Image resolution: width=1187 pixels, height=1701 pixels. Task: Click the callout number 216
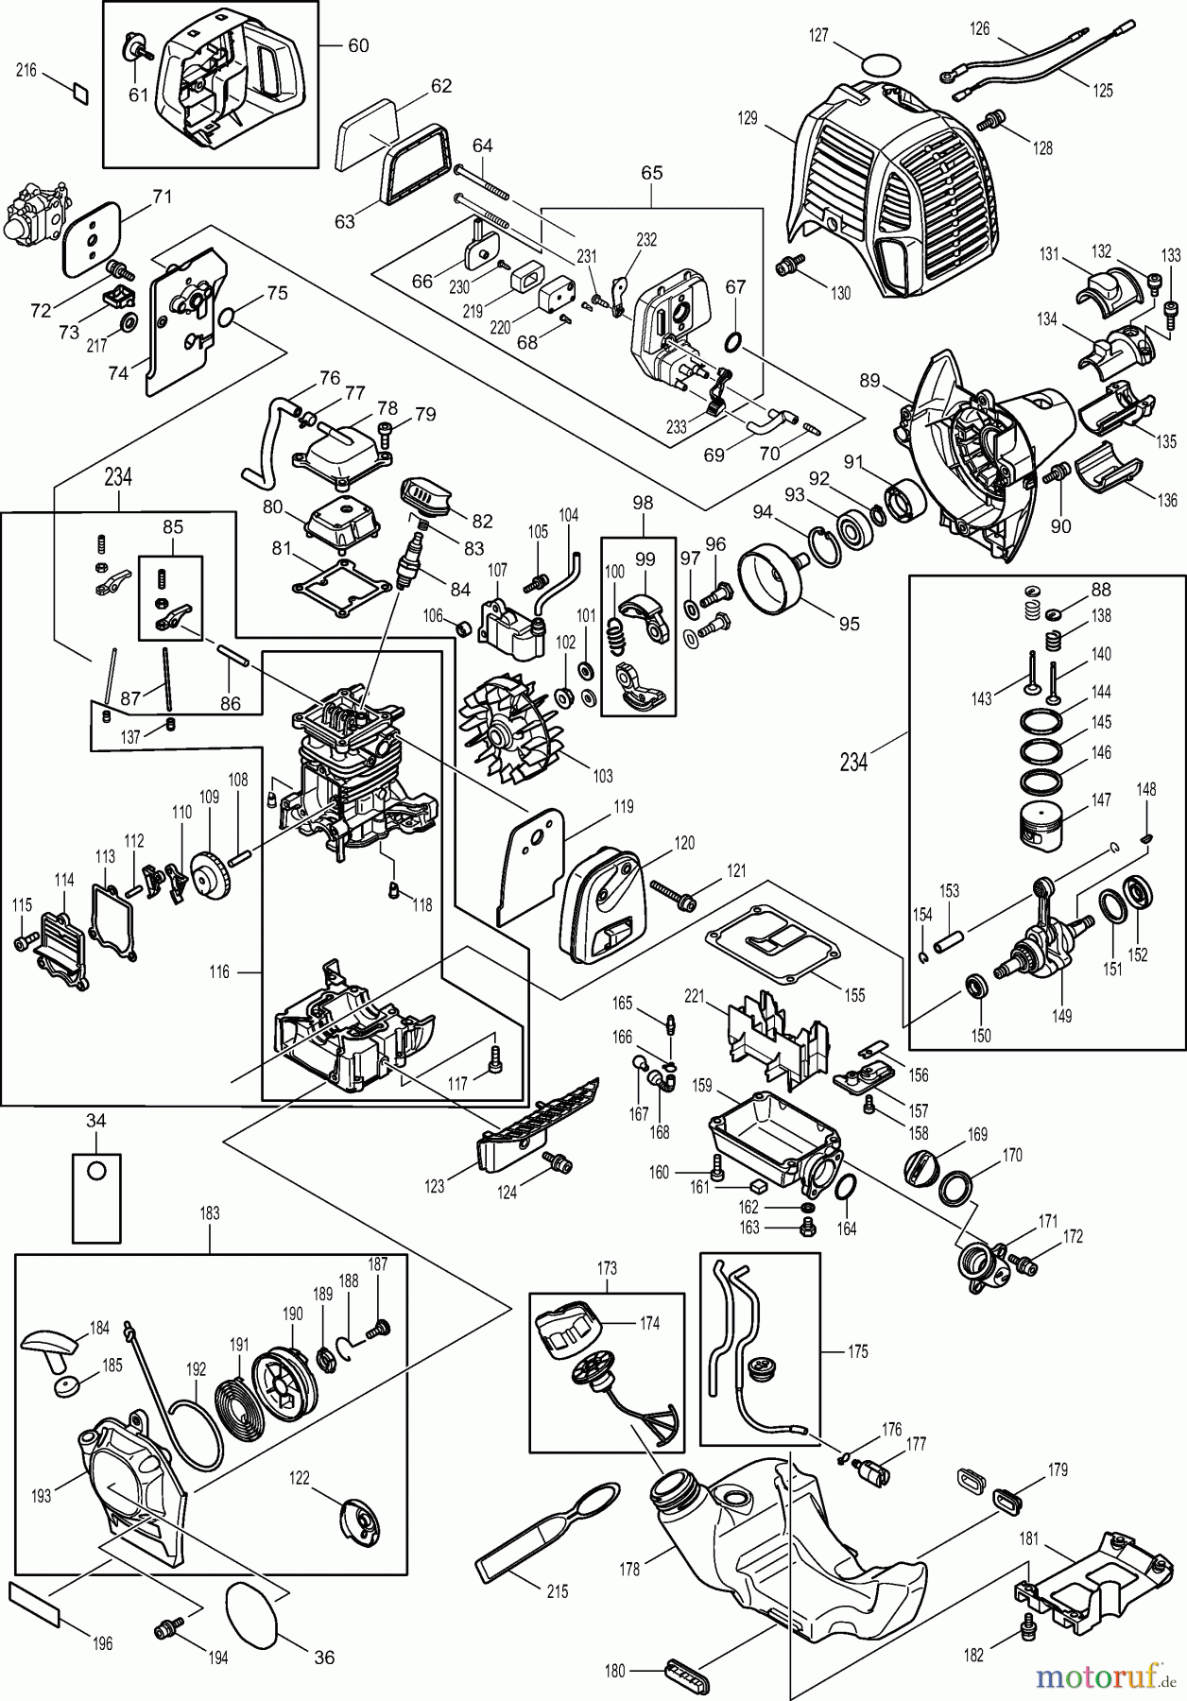26,71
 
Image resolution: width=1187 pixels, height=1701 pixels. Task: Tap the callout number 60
358,45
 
